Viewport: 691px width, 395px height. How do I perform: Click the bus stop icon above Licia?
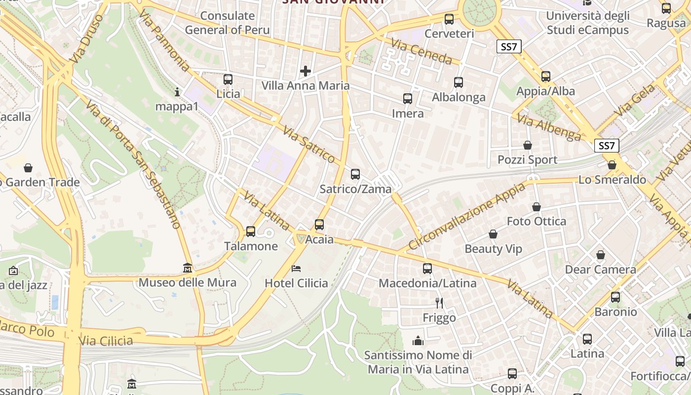[228, 79]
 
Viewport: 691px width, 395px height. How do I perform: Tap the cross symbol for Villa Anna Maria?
[306, 71]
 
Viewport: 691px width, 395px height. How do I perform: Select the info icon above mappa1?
[178, 92]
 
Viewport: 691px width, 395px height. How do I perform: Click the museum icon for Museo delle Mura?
[188, 268]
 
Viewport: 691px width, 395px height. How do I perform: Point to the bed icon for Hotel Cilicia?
[296, 269]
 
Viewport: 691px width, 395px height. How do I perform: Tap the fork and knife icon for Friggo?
[439, 303]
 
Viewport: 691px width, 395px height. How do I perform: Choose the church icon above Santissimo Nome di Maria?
[418, 341]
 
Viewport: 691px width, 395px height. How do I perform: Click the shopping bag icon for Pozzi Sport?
[528, 145]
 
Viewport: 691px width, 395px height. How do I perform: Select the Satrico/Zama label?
[355, 189]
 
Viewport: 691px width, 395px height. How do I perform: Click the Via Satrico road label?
[309, 144]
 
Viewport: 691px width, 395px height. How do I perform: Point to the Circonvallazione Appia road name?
[466, 216]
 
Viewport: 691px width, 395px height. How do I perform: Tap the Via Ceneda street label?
[422, 52]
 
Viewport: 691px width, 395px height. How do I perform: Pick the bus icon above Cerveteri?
[449, 19]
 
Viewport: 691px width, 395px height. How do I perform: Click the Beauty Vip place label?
[493, 249]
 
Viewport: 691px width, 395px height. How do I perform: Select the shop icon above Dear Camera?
[601, 255]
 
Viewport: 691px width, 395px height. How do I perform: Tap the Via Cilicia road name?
[106, 341]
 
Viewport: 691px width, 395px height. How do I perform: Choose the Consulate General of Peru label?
[228, 23]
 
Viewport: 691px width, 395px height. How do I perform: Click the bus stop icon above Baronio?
[615, 297]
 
